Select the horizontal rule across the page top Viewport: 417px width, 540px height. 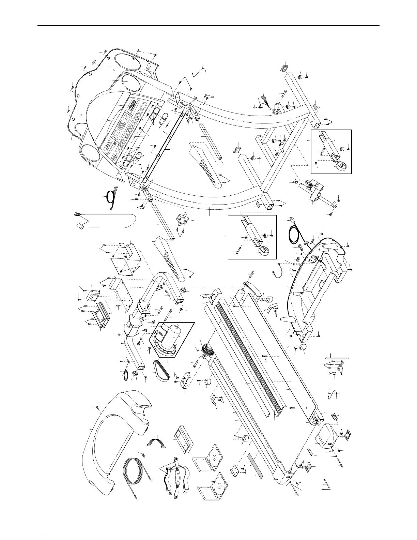[x=208, y=26]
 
